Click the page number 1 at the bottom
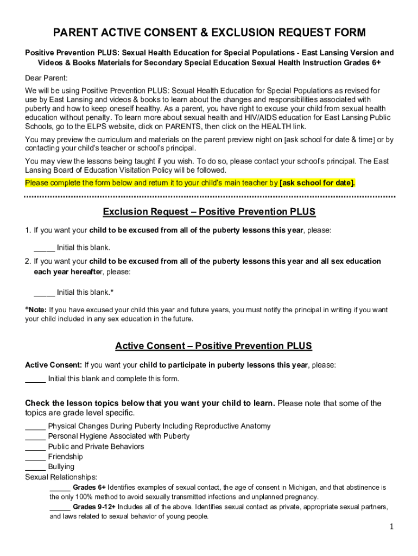coord(391,527)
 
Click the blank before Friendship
coord(35,457)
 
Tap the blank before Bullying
coord(35,467)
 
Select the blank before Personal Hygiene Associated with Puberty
coord(35,437)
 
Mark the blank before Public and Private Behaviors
coord(35,447)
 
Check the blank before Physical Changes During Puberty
coord(35,427)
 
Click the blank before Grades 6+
coord(60,488)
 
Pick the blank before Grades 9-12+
coord(60,508)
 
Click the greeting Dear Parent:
coord(46,78)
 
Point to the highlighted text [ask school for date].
coord(317,182)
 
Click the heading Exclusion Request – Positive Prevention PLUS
coord(209,211)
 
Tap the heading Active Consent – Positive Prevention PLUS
coord(213,346)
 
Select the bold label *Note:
coord(36,310)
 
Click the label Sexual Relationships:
coord(61,477)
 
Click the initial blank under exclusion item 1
coord(44,248)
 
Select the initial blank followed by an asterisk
coord(44,293)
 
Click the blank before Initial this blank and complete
coord(35,379)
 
